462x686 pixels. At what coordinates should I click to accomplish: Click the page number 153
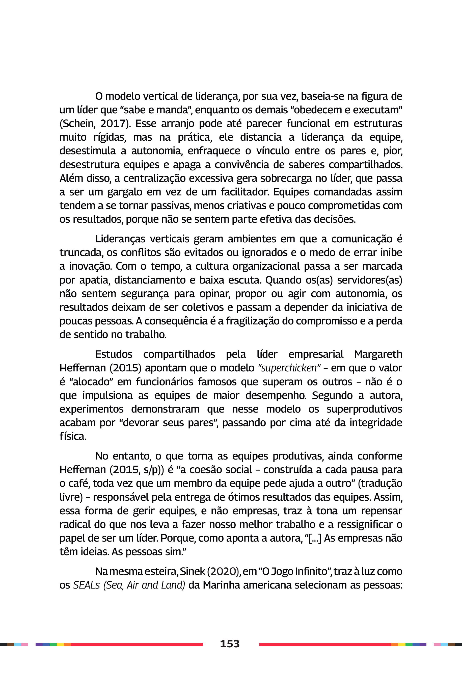pyautogui.click(x=230, y=644)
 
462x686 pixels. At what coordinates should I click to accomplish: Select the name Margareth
pyautogui.click(x=378, y=354)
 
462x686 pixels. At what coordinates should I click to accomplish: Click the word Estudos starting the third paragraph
pyautogui.click(x=114, y=354)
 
